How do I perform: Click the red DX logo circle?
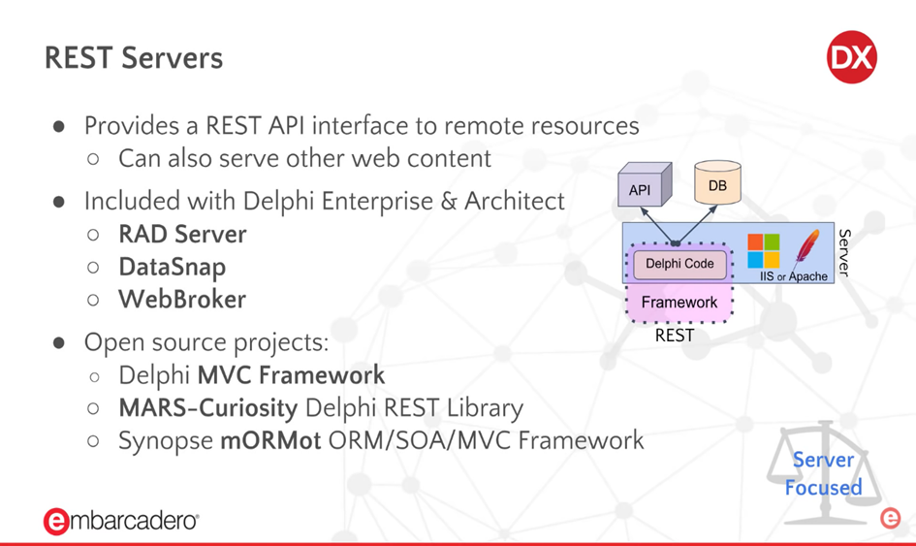(x=852, y=57)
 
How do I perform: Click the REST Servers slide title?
(x=134, y=58)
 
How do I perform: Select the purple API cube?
(x=645, y=184)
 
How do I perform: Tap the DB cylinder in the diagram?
(x=717, y=182)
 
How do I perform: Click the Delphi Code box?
(x=679, y=264)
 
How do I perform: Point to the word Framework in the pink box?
(x=679, y=303)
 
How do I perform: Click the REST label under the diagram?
(x=675, y=336)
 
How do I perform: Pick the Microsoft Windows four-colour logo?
(x=764, y=251)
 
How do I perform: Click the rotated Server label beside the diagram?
(x=844, y=252)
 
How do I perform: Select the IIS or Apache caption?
(x=794, y=276)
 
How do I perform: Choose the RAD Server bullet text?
(x=182, y=235)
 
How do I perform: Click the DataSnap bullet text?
(x=173, y=268)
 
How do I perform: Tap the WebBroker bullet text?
(x=182, y=300)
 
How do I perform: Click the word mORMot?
(x=270, y=440)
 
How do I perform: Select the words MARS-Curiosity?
(x=208, y=408)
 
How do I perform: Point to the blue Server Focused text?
(x=823, y=473)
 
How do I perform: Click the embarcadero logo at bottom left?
(x=121, y=520)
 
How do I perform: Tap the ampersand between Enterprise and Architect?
(x=449, y=201)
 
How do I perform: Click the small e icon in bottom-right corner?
(x=890, y=518)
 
